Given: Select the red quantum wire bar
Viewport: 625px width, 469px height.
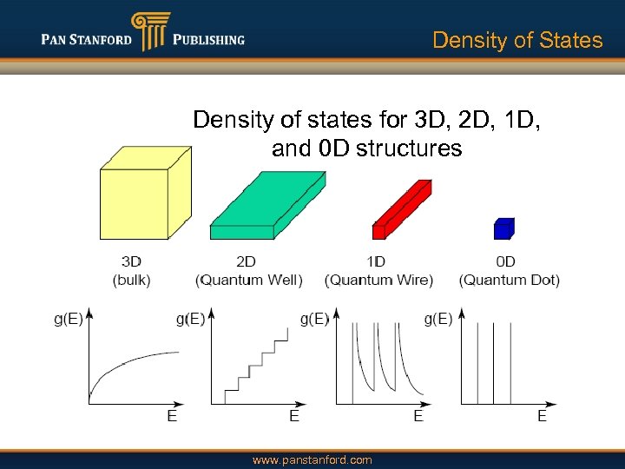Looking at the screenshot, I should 400,208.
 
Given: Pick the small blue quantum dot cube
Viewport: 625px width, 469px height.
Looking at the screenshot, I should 503,228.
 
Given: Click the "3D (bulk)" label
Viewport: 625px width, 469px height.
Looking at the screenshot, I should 131,270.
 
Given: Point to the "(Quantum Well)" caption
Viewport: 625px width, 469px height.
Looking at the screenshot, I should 249,280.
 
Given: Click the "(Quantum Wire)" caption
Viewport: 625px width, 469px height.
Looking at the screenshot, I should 378,280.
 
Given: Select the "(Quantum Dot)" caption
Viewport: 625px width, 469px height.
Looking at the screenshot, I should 509,280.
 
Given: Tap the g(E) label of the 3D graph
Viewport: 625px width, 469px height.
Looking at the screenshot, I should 69,319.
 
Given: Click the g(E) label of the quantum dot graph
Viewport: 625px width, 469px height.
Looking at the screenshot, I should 437,319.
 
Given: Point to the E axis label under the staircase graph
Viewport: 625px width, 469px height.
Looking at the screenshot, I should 294,417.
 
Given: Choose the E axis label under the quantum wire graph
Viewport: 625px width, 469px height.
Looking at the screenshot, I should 418,417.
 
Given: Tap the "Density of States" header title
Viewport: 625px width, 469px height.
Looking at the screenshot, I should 516,40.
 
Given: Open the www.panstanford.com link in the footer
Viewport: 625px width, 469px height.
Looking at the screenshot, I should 312,459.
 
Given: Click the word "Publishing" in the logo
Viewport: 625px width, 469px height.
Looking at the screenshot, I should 207,39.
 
